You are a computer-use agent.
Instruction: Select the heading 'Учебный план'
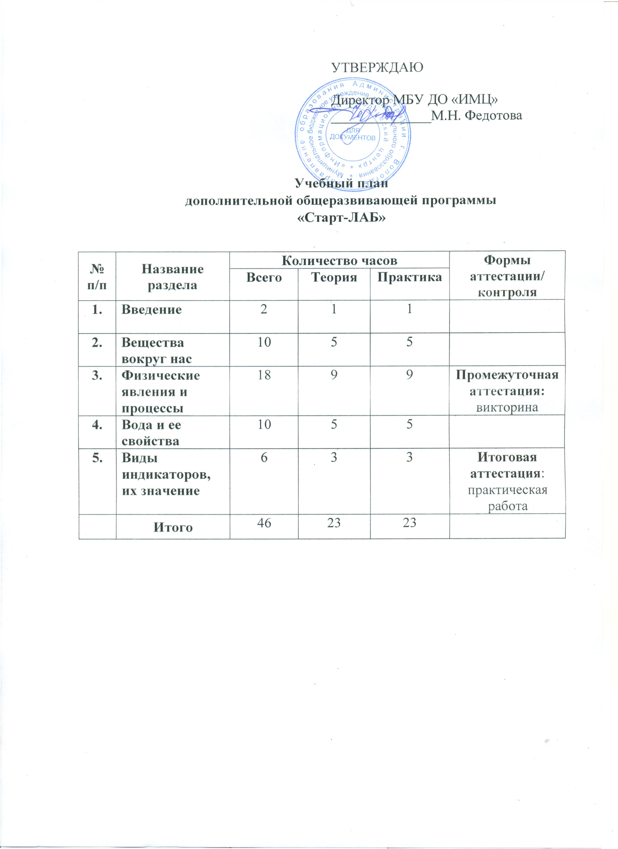pyautogui.click(x=341, y=184)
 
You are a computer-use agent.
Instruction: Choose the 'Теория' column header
pyautogui.click(x=334, y=277)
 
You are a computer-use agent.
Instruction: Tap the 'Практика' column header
pyautogui.click(x=409, y=277)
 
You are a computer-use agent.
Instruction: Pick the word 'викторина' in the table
pyautogui.click(x=507, y=407)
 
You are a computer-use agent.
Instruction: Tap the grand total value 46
pyautogui.click(x=264, y=523)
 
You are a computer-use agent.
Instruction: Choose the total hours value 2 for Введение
pyautogui.click(x=264, y=310)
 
